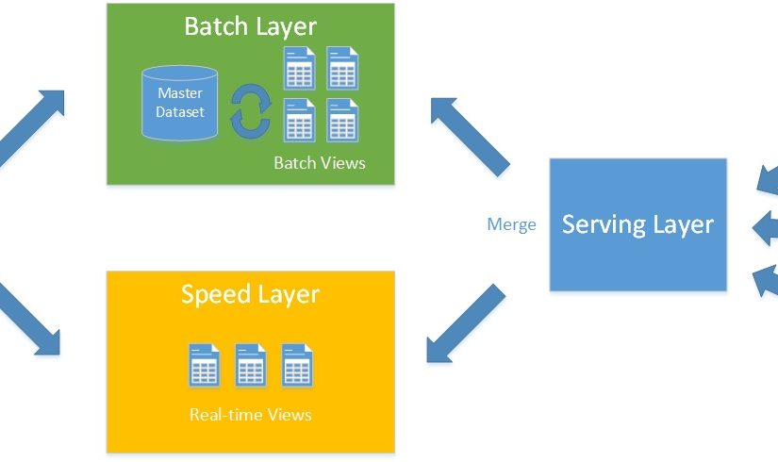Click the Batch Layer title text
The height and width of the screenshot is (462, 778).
250,25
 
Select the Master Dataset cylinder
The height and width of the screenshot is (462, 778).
180,104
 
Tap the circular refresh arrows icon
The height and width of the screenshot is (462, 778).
250,111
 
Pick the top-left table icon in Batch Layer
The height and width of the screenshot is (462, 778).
299,68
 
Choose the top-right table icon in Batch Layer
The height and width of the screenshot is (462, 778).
341,68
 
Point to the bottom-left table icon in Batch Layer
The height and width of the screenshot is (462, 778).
299,120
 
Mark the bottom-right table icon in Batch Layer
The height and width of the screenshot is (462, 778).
341,120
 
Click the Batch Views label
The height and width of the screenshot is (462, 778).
319,163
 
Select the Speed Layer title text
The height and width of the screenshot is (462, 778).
250,294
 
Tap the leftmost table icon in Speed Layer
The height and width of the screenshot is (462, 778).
204,365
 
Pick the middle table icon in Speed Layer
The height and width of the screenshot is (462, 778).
250,365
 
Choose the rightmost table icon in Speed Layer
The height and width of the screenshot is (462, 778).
296,365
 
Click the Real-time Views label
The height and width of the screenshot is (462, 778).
250,414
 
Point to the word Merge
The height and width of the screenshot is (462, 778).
511,224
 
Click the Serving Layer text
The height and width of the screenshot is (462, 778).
637,224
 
